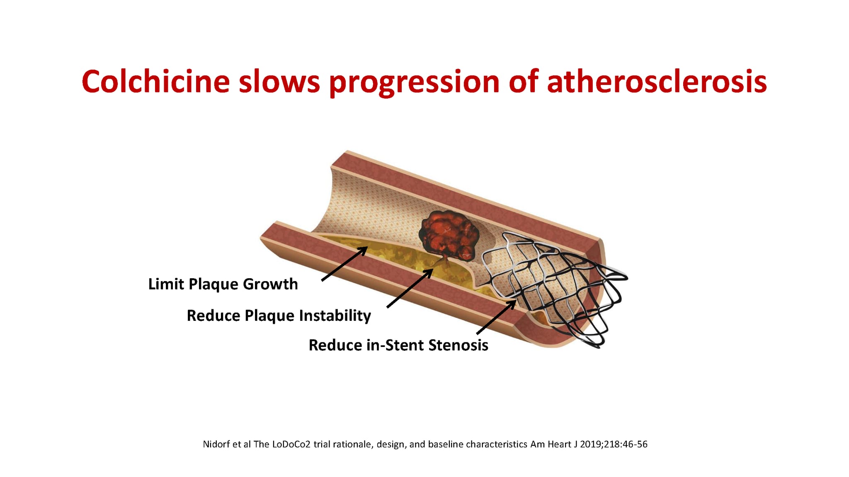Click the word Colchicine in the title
point(156,81)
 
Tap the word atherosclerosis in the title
point(657,82)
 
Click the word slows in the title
point(280,81)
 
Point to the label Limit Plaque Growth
point(223,284)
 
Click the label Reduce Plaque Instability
point(279,316)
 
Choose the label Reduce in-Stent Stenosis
point(398,345)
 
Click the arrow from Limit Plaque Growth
point(344,264)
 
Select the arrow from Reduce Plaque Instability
point(410,288)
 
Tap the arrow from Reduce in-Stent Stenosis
point(496,317)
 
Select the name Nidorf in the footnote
point(216,444)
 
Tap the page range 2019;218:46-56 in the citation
point(614,444)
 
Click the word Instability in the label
point(335,316)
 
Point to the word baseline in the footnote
point(446,444)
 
